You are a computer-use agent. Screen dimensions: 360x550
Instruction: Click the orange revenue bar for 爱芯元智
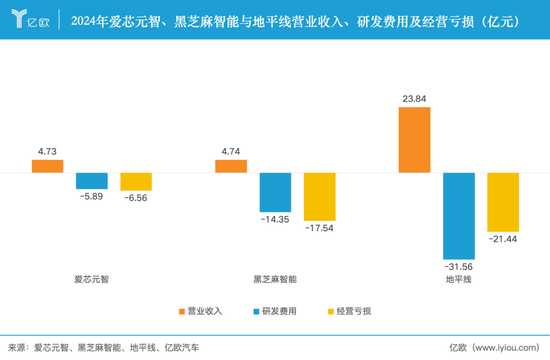(x=47, y=166)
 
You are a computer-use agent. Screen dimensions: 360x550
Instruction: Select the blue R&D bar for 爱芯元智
(x=92, y=180)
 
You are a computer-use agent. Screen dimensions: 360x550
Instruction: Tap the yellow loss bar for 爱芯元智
(x=136, y=181)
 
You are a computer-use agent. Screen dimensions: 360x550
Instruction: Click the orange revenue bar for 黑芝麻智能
(x=231, y=166)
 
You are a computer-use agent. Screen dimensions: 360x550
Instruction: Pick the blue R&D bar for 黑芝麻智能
(x=275, y=192)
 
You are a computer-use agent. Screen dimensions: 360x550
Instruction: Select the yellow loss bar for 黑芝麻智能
(x=319, y=197)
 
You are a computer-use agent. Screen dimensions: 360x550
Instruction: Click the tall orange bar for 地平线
(x=414, y=139)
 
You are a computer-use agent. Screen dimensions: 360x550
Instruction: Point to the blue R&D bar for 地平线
(x=459, y=215)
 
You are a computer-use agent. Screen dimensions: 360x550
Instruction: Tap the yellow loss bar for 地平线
(x=503, y=202)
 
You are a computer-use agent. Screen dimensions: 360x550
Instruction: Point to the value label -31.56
(x=459, y=266)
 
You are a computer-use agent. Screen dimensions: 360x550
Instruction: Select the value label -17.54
(x=319, y=229)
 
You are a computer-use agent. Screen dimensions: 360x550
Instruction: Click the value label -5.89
(x=92, y=196)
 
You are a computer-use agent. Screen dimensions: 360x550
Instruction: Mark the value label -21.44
(x=503, y=240)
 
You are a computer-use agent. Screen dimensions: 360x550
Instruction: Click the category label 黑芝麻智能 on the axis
(x=275, y=280)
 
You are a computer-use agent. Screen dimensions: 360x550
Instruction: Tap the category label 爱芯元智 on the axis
(x=91, y=280)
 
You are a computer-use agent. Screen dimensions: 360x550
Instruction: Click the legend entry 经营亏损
(x=350, y=311)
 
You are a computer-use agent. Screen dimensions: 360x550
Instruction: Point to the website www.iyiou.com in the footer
(x=506, y=347)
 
